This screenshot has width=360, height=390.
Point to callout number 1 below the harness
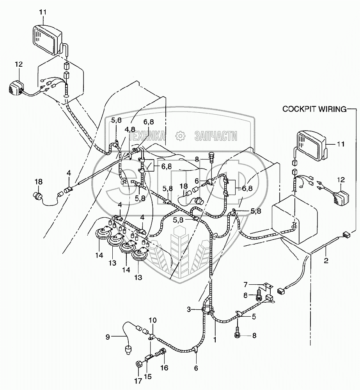pos(215,339)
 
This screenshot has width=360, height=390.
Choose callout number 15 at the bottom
pos(147,378)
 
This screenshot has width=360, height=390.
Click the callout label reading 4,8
pos(130,129)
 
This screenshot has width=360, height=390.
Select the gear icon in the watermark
pos(180,136)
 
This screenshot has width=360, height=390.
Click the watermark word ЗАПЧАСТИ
pos(215,136)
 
